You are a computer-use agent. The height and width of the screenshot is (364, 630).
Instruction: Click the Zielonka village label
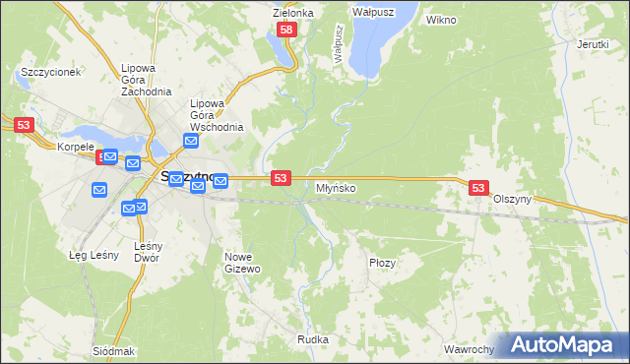293,13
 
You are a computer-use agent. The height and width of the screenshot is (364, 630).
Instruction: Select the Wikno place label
441,19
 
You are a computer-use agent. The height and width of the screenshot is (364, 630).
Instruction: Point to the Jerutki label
593,45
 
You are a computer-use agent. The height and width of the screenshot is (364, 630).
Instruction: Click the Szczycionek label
50,73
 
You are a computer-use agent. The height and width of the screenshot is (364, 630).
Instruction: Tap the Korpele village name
75,147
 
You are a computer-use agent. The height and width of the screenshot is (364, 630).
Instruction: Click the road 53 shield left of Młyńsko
282,177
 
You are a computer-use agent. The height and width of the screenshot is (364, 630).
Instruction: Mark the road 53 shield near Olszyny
478,187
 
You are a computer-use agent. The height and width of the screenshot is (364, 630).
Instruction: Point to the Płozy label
382,263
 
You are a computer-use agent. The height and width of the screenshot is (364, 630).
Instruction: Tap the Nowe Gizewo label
242,262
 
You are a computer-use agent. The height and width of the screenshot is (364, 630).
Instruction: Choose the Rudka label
313,339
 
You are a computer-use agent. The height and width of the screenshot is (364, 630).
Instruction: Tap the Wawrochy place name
468,349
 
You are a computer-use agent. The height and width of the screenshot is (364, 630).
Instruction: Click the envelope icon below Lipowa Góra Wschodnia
190,141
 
